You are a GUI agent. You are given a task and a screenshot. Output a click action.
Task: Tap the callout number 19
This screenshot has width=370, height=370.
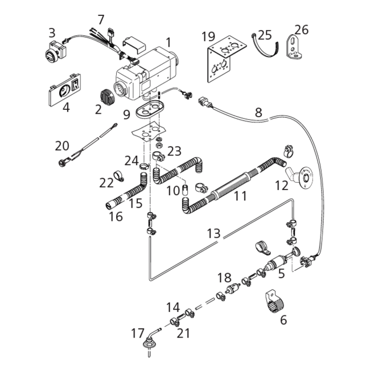[208, 37]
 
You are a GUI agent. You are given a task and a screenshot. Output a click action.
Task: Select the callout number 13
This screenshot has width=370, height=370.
[213, 233]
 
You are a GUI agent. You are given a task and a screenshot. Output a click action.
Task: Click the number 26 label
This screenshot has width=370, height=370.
[301, 29]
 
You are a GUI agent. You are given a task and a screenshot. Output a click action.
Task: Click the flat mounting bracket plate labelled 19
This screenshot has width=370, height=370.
[223, 61]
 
